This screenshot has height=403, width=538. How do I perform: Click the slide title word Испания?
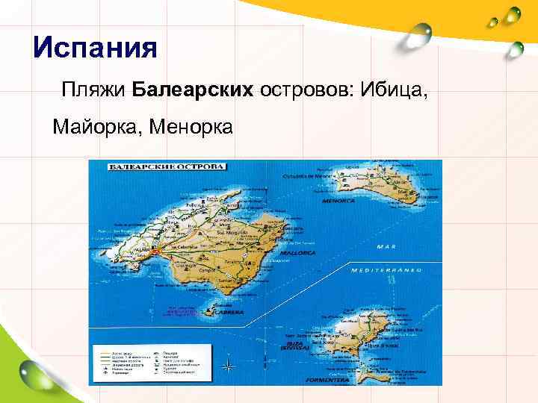(x=96, y=49)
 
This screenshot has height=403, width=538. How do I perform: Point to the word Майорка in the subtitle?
(x=96, y=127)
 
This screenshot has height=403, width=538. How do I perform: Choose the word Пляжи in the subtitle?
(x=94, y=90)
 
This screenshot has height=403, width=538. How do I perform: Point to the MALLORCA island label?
(x=297, y=253)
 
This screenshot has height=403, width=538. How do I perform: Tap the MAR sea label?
(x=386, y=247)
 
